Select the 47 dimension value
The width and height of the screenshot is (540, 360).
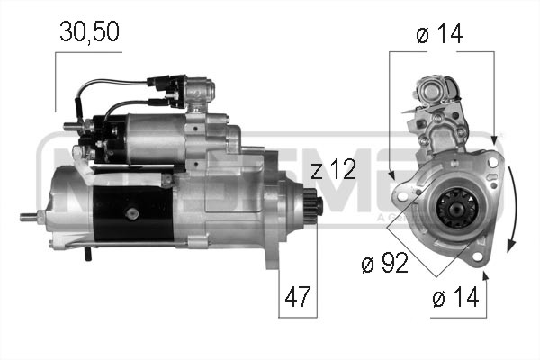coord(298,296)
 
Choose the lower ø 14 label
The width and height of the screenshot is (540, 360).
coord(456,296)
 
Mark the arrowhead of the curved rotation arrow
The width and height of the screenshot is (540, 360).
coord(509,244)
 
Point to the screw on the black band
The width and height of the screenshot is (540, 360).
coord(133,213)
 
